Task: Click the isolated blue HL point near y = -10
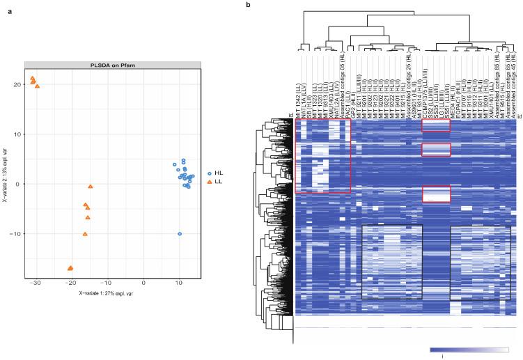coord(180,234)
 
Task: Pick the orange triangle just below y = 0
coord(91,187)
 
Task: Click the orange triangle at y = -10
coord(85,234)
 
